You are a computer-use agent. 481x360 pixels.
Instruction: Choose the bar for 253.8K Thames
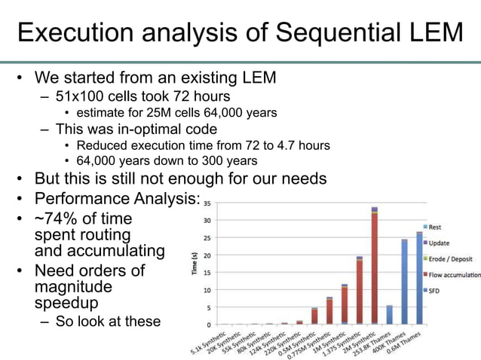[x=389, y=315]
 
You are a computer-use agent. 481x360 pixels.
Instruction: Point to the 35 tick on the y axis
[x=206, y=203]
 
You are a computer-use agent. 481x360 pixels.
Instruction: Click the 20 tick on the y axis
[x=206, y=255]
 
